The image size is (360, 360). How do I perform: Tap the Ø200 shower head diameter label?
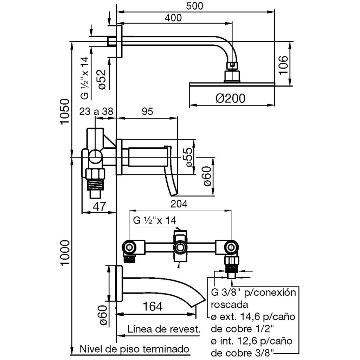[230, 98]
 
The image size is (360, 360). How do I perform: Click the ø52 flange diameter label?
[102, 81]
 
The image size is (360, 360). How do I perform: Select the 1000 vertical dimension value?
[65, 253]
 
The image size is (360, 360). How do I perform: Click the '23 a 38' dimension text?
[96, 112]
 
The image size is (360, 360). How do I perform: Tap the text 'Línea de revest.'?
[164, 329]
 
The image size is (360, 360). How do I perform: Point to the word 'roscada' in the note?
[227, 304]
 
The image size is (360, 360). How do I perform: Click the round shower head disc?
[232, 84]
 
